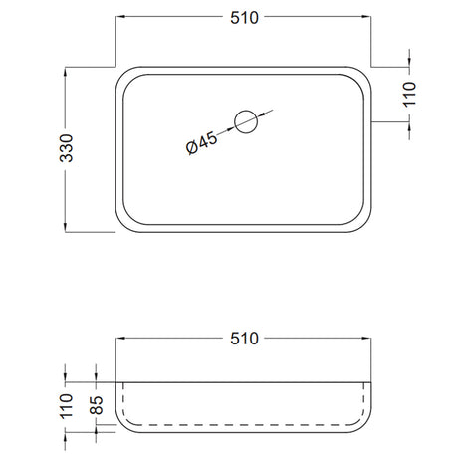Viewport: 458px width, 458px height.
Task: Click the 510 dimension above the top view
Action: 244,18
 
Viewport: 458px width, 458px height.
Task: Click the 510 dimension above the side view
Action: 244,339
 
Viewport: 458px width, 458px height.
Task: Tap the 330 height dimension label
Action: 66,148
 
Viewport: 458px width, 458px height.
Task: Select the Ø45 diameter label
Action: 201,143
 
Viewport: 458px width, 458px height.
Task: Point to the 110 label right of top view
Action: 409,95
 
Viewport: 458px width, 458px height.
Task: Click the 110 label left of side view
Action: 66,406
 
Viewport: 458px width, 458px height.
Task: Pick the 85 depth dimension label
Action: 97,405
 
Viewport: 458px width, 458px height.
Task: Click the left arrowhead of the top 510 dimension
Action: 120,16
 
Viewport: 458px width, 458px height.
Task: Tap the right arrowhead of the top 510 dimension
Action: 366,16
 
